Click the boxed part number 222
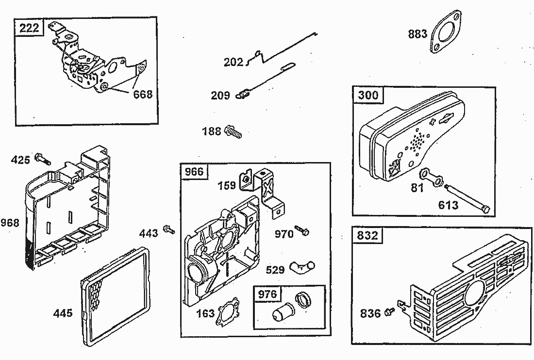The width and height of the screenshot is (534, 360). click(29, 28)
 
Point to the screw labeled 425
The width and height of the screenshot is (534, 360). click(43, 160)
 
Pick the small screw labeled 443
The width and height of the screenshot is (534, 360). click(169, 229)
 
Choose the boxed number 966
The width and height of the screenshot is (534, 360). click(194, 172)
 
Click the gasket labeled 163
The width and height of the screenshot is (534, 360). click(227, 311)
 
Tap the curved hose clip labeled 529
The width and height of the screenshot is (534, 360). click(302, 266)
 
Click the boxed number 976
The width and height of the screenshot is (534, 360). click(267, 295)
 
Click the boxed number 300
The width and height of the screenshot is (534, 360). click(367, 95)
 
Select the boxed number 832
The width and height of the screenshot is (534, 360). click(367, 236)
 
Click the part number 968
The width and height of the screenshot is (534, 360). click(10, 223)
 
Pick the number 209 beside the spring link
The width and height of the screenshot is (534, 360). click(220, 96)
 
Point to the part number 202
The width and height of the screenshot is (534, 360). click(234, 63)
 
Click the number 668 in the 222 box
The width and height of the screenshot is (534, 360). click(143, 94)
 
